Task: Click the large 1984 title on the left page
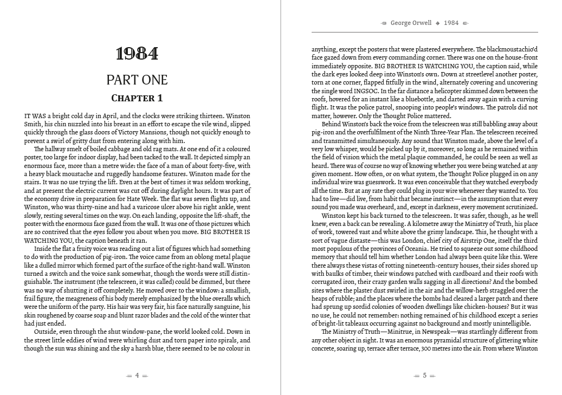137,54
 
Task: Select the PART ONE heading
137,80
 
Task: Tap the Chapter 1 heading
137,98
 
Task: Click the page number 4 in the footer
137,375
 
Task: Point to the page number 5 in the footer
425,375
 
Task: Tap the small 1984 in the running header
451,23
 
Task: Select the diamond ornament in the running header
437,23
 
